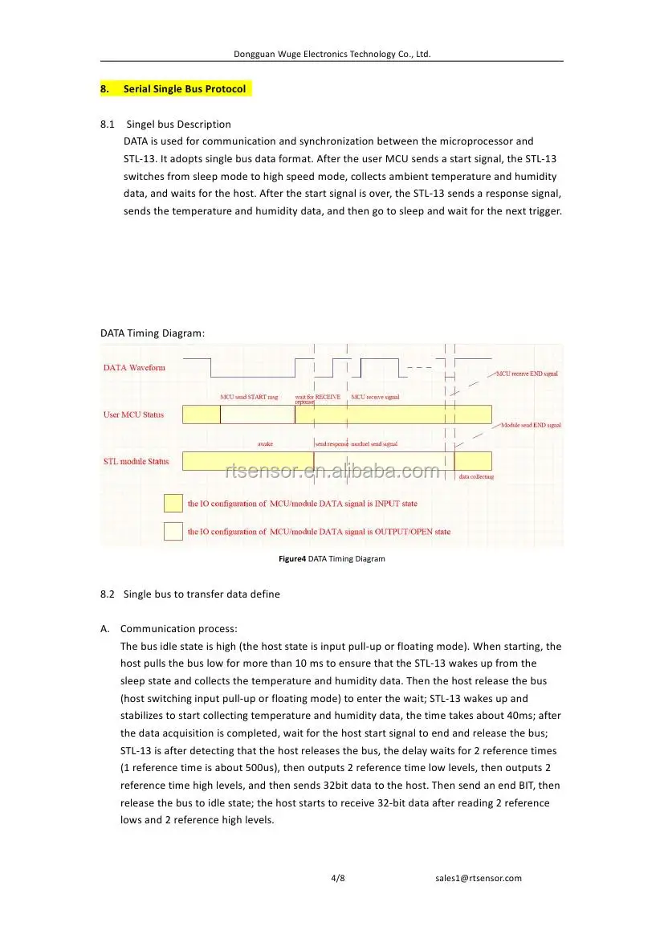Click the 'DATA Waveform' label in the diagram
click(x=134, y=368)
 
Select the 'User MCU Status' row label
click(x=133, y=414)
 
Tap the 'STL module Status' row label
click(x=136, y=461)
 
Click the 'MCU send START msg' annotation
click(x=249, y=397)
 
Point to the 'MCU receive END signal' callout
click(x=527, y=374)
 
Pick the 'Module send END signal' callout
click(x=531, y=424)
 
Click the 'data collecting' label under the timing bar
click(x=476, y=476)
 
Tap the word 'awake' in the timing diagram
click(x=265, y=443)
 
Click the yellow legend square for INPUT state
click(x=173, y=504)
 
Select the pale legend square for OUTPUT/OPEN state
click(x=173, y=532)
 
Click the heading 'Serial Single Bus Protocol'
click(x=185, y=88)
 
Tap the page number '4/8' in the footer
click(x=338, y=878)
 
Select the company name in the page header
click(x=332, y=54)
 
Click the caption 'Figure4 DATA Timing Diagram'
click(x=332, y=558)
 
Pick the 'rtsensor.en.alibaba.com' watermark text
click(x=332, y=472)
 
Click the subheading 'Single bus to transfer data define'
click(x=202, y=594)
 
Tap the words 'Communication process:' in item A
click(x=178, y=629)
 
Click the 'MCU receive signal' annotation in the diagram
click(x=375, y=397)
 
